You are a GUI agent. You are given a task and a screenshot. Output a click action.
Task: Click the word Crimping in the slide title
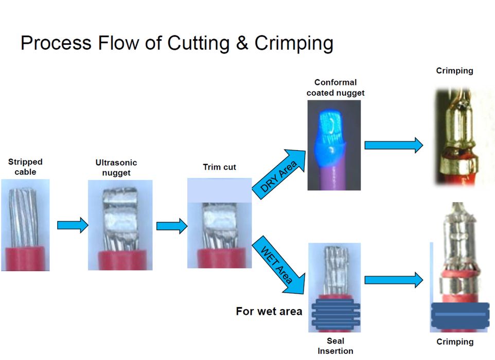coord(294,43)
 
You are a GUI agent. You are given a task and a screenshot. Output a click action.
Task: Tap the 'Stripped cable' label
coord(25,167)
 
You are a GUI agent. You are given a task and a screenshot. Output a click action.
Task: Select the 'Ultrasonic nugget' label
coord(116,168)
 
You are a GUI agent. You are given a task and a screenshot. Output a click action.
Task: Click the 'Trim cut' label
coord(219,167)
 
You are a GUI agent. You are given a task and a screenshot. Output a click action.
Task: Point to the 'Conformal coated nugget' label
coord(335,87)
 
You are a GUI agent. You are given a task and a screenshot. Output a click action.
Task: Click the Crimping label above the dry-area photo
coord(454,71)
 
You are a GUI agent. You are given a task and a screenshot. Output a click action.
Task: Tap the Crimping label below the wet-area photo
coord(455,342)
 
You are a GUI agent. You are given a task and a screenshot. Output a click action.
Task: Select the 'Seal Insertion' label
coord(335,346)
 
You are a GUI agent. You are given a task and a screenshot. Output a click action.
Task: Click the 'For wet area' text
coord(269,312)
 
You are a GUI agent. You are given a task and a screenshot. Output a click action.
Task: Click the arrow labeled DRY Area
coord(277,173)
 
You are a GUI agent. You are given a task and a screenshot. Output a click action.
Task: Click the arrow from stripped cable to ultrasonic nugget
coord(73,225)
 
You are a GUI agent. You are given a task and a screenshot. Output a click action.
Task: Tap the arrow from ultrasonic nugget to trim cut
coord(171,226)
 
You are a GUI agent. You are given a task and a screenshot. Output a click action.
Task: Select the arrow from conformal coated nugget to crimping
coord(393,146)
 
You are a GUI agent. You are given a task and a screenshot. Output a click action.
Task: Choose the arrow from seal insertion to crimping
coord(393,280)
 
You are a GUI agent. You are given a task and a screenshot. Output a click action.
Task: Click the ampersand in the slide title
coord(241,43)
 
